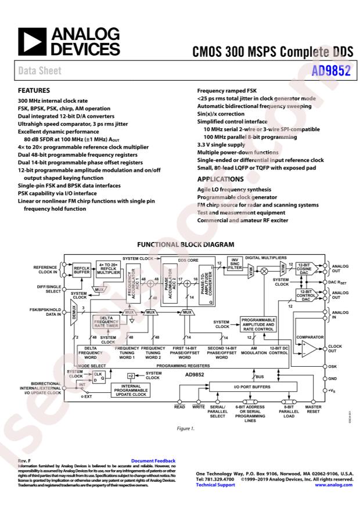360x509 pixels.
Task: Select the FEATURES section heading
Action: coord(34,91)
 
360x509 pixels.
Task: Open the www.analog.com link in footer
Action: coord(334,485)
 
